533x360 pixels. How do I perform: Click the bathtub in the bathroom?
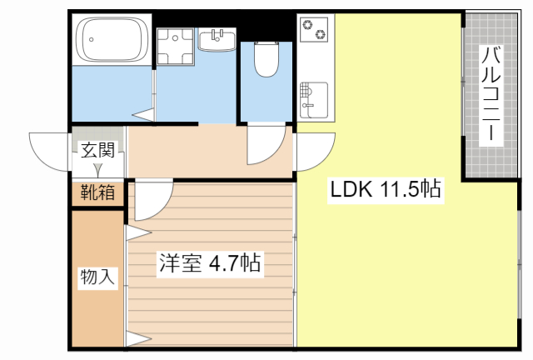tap(112, 40)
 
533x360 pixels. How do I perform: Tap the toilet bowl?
tap(266, 59)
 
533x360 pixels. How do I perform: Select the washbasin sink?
tap(217, 40)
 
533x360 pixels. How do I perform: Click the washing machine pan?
tap(176, 47)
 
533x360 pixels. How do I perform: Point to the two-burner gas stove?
tap(315, 30)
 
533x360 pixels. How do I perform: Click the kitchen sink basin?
tap(314, 100)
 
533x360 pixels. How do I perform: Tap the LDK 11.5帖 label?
tap(386, 189)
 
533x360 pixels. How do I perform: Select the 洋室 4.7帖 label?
tap(210, 262)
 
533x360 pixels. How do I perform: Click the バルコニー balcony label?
tap(491, 94)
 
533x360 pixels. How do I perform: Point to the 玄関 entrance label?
tap(97, 150)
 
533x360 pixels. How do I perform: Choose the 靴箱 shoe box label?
tap(97, 192)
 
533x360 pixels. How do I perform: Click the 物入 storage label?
tap(97, 277)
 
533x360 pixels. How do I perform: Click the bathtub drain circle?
tap(91, 39)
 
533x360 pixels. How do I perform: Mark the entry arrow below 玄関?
tap(98, 170)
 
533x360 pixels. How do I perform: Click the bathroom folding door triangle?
tap(143, 115)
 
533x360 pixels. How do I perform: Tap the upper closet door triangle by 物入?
tap(139, 233)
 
